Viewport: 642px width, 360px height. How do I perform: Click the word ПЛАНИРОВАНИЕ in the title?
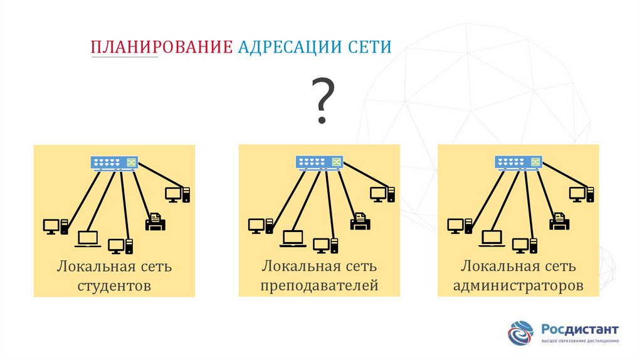coord(162,47)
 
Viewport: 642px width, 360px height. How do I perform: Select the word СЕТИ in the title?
coord(370,47)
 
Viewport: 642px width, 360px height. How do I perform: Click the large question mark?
coord(323,100)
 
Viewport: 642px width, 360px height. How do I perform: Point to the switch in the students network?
coord(114,162)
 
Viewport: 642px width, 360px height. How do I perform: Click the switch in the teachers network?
coord(319,162)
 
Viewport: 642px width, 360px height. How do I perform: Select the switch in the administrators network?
coord(518,162)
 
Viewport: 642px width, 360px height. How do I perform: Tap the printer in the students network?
coord(155,221)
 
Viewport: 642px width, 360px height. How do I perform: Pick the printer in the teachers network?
coord(360,221)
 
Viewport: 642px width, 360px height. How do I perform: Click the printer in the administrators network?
coord(559,221)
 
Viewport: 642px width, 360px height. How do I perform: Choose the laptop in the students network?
coord(88,239)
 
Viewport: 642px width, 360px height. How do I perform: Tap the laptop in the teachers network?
coord(293,239)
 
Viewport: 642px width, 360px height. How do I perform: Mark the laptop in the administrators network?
coord(492,239)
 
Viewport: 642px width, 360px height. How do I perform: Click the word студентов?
coord(114,286)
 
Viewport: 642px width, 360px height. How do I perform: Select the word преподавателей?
coord(319,285)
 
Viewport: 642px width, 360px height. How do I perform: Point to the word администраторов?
coord(518,285)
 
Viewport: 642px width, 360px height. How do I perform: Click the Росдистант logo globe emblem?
coord(521,332)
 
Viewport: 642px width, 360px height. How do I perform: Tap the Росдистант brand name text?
coord(580,329)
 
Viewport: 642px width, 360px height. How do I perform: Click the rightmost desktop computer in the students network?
coord(177,195)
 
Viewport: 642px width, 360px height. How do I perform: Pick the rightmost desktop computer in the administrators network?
coord(582,194)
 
